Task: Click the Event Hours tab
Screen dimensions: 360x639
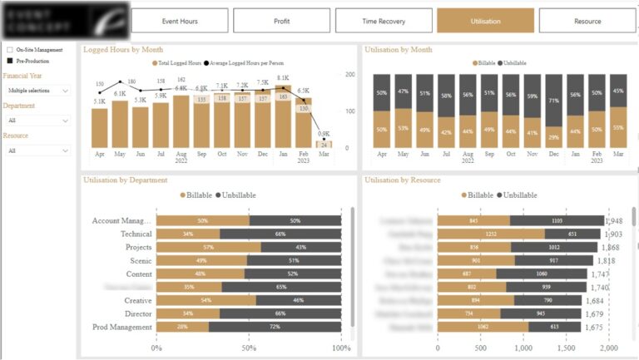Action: [x=180, y=21]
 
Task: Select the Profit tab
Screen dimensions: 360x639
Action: [x=282, y=21]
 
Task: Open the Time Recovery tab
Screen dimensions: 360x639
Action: [x=384, y=21]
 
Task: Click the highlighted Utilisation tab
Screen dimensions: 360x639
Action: [x=486, y=21]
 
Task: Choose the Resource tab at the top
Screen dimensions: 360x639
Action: [x=587, y=21]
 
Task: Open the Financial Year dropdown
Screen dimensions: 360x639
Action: [x=37, y=90]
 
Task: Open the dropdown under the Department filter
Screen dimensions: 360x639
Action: [x=37, y=121]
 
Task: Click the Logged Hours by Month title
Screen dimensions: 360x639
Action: [x=123, y=50]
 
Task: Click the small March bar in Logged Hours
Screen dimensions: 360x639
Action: [x=324, y=144]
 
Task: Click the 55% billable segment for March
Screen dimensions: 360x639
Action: [x=618, y=127]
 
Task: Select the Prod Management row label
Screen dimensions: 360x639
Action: [x=122, y=327]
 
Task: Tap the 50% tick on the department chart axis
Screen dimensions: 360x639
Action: [x=249, y=348]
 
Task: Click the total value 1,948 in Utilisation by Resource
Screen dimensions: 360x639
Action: [x=615, y=221]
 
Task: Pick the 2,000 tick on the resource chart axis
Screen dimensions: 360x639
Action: [x=609, y=348]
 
